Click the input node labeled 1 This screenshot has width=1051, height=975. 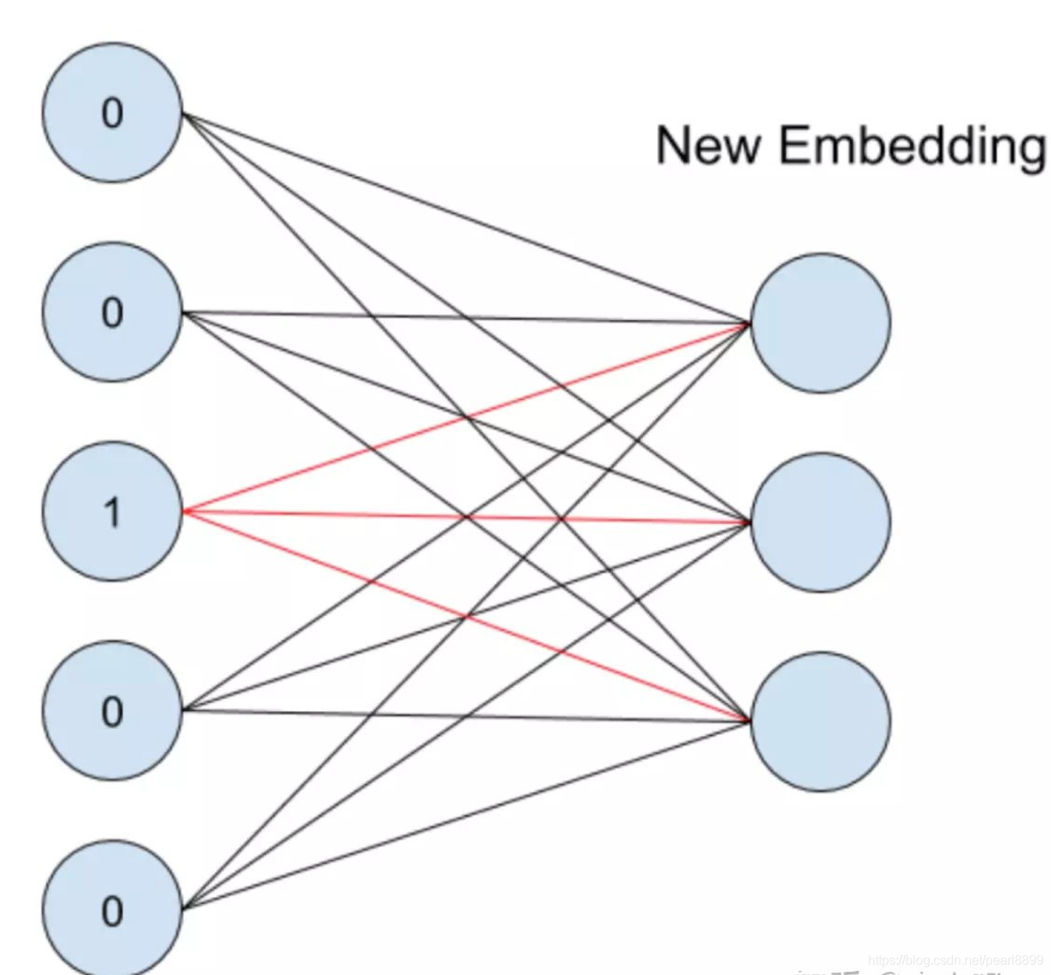(x=113, y=511)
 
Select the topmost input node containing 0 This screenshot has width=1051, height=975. (x=113, y=113)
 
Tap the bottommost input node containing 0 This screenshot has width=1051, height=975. (x=113, y=909)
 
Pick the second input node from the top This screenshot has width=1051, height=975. (x=113, y=312)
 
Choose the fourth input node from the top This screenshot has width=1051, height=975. (x=113, y=710)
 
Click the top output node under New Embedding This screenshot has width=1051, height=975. (x=821, y=322)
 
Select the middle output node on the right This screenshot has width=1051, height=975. (x=821, y=522)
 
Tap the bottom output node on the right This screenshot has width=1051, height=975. (x=821, y=722)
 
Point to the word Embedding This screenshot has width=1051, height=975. (x=912, y=147)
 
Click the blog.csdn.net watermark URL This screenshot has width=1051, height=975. (x=955, y=960)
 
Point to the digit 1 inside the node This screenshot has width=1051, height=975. (x=113, y=512)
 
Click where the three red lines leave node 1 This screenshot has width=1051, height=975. (x=185, y=511)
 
